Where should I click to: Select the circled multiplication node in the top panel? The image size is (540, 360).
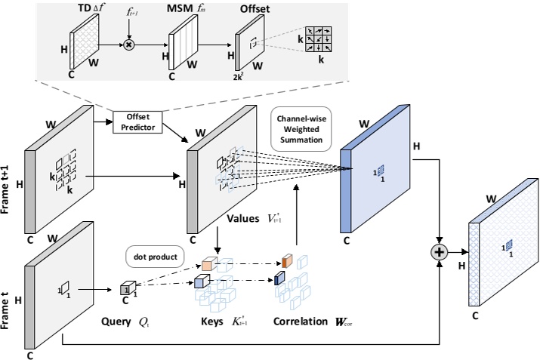(x=128, y=45)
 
